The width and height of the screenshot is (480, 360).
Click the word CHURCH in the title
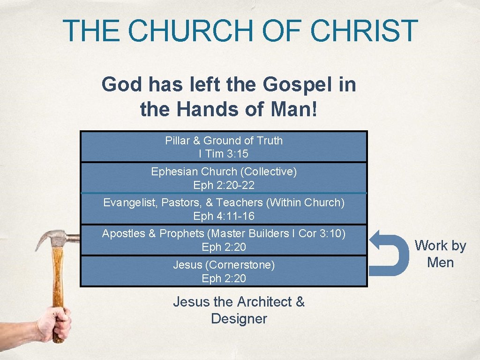point(189,30)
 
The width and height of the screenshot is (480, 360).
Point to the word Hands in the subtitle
point(205,109)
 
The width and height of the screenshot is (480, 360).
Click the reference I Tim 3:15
point(224,154)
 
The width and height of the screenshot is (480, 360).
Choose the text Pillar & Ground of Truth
point(224,141)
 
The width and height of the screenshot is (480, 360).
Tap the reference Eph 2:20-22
point(224,185)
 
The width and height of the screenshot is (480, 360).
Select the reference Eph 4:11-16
point(224,216)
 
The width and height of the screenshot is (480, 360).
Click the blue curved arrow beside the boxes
point(389,253)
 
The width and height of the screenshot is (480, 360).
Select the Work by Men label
point(441,254)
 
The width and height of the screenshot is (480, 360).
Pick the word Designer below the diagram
point(239,319)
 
